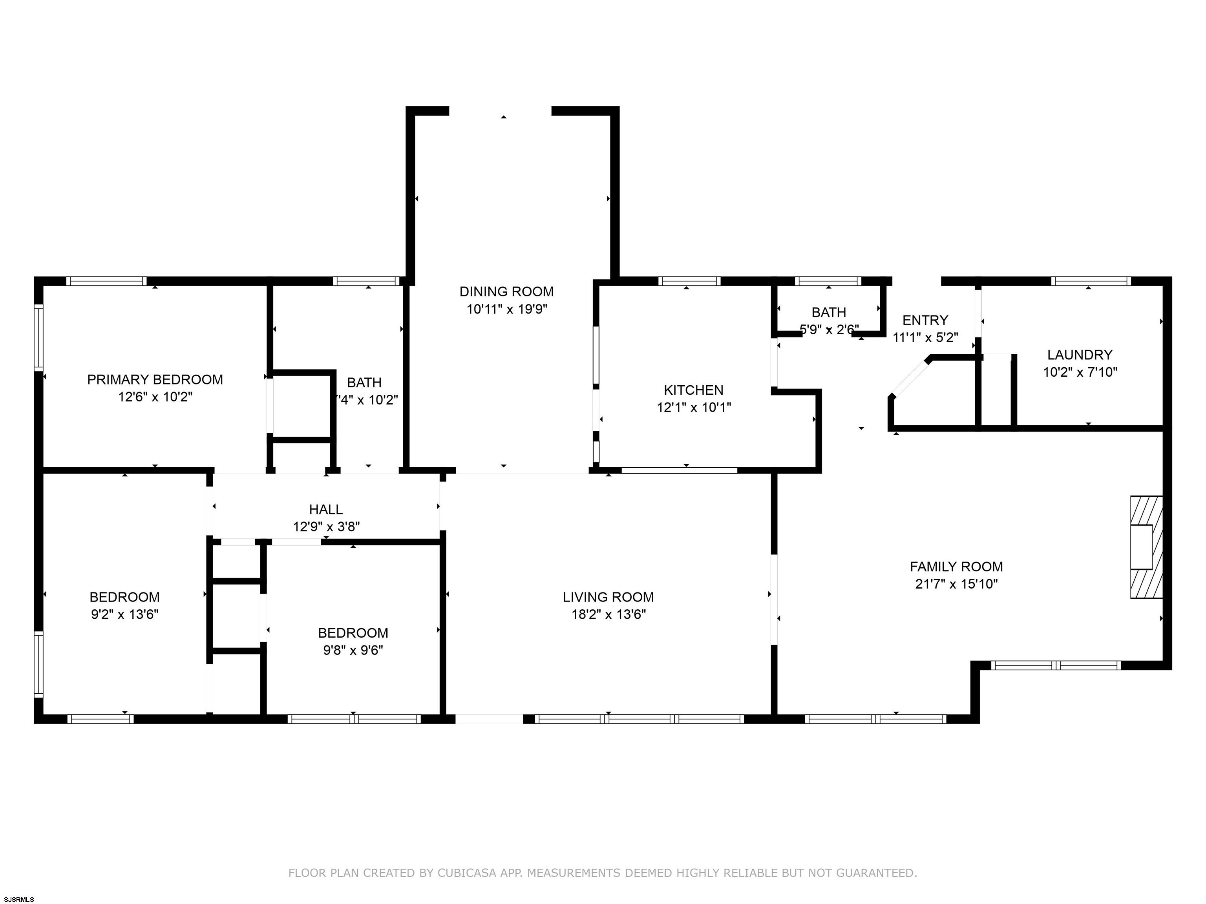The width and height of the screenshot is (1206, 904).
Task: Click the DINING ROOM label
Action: pyautogui.click(x=506, y=292)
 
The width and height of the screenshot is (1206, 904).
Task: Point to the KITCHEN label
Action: pyautogui.click(x=694, y=390)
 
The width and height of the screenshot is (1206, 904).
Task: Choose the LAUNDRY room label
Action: pyautogui.click(x=1080, y=355)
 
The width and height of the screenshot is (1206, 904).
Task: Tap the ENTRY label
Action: pyautogui.click(x=925, y=320)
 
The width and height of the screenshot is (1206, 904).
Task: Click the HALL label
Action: pyautogui.click(x=326, y=510)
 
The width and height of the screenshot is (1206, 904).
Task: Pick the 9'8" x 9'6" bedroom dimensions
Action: pyautogui.click(x=353, y=651)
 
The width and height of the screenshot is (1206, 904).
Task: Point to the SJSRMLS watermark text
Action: pyautogui.click(x=19, y=899)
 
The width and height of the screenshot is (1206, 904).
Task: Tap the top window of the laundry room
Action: pyautogui.click(x=1091, y=281)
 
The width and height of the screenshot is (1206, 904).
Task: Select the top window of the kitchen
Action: pyautogui.click(x=689, y=281)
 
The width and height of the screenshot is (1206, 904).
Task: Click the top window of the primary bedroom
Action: pyautogui.click(x=106, y=281)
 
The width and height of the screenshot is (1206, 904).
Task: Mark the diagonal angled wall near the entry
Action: pyautogui.click(x=910, y=377)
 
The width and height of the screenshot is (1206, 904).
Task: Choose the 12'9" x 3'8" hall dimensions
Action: pyautogui.click(x=326, y=527)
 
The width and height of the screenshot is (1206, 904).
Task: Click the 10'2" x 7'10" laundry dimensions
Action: pyautogui.click(x=1080, y=372)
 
